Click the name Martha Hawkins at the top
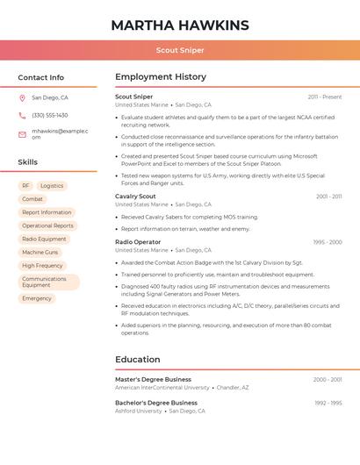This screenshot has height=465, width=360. [180, 25]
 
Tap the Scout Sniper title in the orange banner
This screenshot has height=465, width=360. [180, 50]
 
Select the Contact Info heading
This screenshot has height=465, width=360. [41, 77]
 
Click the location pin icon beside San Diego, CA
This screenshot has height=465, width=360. [22, 98]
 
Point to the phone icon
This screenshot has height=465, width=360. [22, 115]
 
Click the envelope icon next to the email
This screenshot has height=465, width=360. [22, 133]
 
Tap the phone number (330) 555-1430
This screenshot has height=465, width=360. [49, 115]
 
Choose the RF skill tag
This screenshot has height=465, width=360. [26, 186]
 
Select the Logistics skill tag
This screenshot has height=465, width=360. [52, 186]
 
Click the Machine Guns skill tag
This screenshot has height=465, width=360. [40, 252]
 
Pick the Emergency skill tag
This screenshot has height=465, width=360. [37, 298]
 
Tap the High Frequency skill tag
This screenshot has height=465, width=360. [42, 265]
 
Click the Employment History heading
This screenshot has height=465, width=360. [161, 77]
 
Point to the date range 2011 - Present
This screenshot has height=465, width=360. [325, 97]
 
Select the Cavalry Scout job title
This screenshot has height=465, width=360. [135, 197]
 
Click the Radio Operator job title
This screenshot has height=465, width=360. [138, 241]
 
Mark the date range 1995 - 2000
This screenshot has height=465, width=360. [327, 241]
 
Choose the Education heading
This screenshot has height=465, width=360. [138, 359]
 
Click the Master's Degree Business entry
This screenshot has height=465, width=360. [153, 379]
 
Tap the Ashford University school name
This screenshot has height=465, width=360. [139, 411]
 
